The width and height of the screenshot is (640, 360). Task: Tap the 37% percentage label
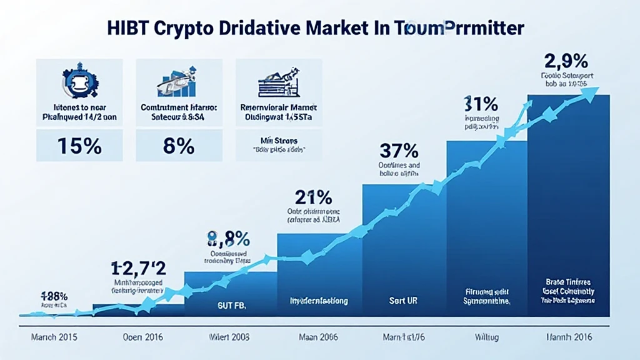(399, 151)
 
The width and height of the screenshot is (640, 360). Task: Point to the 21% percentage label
(313, 197)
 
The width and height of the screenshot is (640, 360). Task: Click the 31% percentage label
(481, 103)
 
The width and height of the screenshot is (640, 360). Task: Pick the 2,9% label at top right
(565, 62)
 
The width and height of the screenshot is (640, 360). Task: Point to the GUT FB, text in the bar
(227, 306)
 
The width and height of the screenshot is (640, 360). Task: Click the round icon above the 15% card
(81, 81)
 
